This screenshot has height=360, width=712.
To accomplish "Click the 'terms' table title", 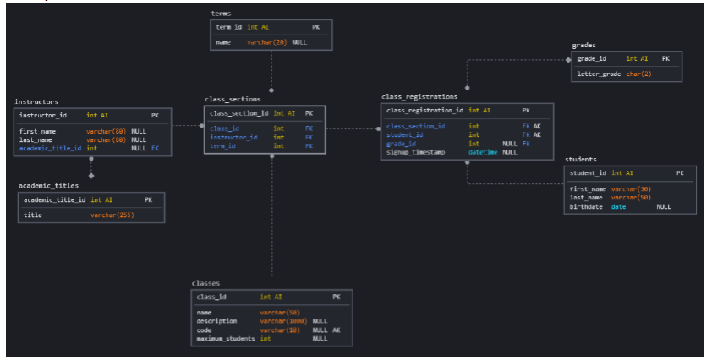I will tap(221, 14).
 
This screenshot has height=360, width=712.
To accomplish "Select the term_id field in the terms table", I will tap(229, 27).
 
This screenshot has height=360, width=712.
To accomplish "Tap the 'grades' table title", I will tap(584, 45).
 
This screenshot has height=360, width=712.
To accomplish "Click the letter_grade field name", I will tap(599, 74).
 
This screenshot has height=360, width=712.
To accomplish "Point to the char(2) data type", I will tap(638, 74).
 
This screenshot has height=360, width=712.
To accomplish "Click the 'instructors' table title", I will tap(36, 101).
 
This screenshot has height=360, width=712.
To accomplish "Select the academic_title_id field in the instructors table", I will tap(50, 148).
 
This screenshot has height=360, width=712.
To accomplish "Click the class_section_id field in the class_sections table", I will tap(239, 112).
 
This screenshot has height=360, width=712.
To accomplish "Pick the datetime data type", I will tap(484, 152).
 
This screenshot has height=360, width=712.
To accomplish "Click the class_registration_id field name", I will tap(424, 110).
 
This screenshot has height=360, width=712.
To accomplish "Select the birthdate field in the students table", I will tap(586, 205).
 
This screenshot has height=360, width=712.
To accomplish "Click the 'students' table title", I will tap(582, 159).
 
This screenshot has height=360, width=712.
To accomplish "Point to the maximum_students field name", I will tap(225, 338).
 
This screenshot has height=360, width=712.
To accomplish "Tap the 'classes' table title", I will tap(205, 284).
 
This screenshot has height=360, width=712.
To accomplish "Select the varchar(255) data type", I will tap(112, 215).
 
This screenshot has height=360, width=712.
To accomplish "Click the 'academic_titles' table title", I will tap(48, 185).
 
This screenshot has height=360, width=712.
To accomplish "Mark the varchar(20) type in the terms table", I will tap(267, 41).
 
